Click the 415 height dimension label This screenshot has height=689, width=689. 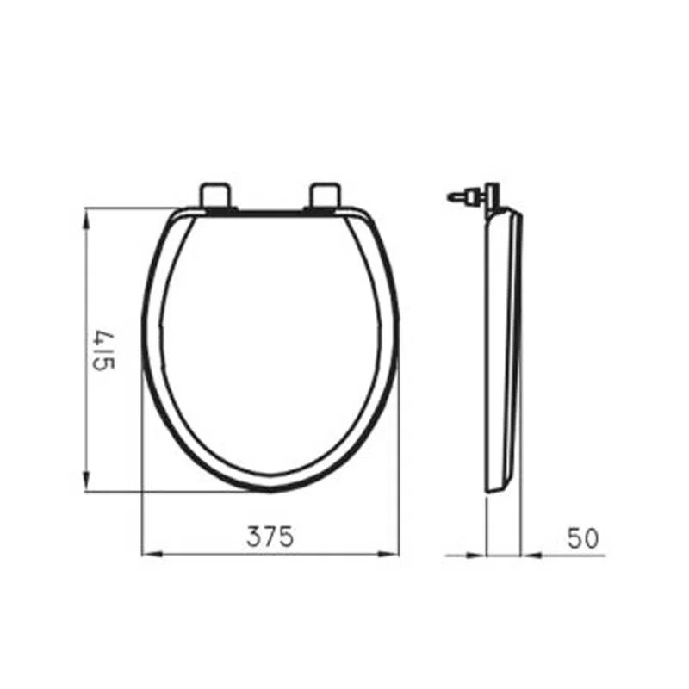coord(104,351)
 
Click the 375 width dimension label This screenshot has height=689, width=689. coord(270,537)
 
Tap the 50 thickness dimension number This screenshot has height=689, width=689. coord(583,538)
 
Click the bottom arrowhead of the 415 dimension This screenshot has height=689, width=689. coord(87,482)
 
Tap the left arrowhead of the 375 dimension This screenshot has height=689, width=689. coord(152,555)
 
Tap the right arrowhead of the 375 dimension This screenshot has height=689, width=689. coord(390,555)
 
